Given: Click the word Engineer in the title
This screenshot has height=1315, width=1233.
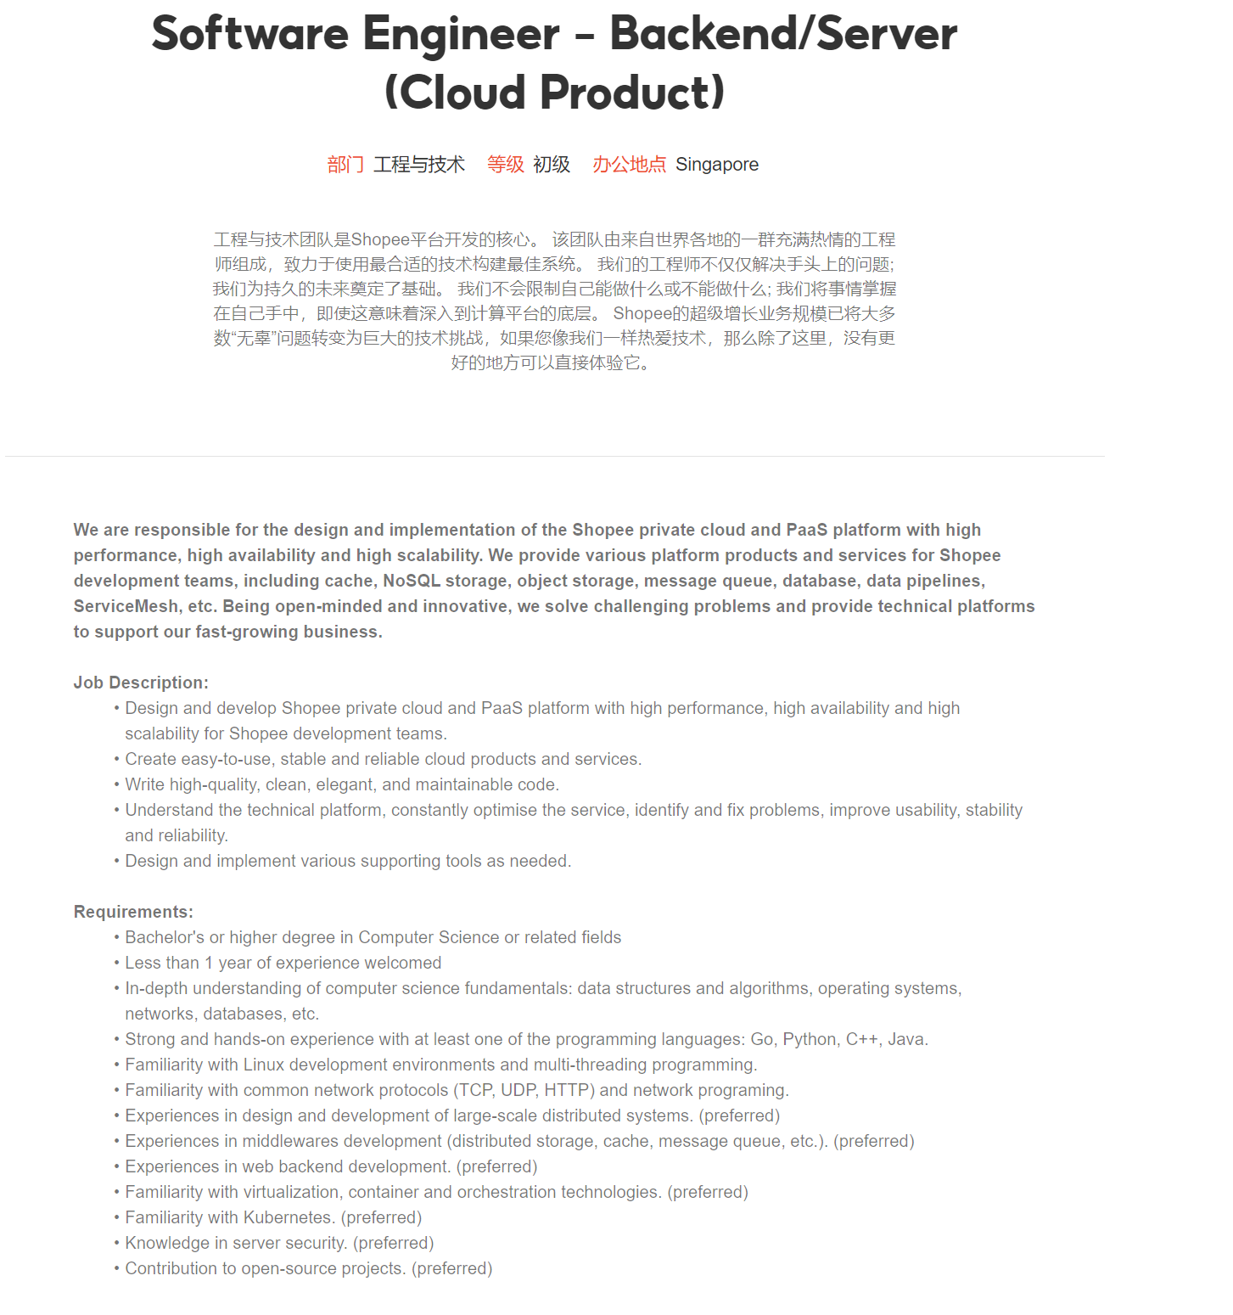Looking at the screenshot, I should (461, 34).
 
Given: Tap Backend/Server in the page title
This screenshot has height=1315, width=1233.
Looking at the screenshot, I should (782, 34).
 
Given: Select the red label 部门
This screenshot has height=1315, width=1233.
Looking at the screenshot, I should (345, 165).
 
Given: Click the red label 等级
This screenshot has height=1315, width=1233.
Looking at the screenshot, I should (505, 165).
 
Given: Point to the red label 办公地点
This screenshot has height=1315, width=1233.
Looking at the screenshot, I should (629, 165).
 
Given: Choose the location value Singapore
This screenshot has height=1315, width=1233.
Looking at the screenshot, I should (717, 165).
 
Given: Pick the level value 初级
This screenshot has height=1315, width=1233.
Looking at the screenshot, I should (552, 165).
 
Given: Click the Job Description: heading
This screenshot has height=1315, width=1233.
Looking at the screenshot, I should (141, 683).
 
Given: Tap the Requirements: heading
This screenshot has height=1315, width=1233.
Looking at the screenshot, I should (133, 912).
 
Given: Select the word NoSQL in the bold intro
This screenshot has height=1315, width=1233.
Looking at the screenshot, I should (412, 581).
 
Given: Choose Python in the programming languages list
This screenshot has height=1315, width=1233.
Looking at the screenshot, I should (809, 1039).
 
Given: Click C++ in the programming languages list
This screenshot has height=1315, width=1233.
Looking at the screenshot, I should (862, 1039).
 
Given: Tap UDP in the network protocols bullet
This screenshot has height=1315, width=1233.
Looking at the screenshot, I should (518, 1090).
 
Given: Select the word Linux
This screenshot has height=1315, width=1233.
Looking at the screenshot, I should (264, 1065).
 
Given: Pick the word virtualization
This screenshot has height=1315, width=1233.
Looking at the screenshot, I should (291, 1192).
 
